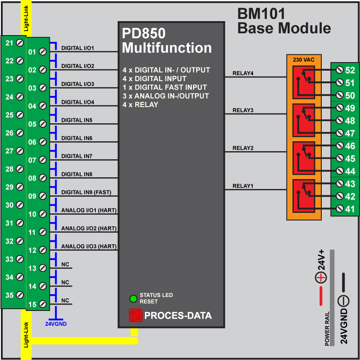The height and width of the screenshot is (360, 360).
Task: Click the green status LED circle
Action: coord(133,298)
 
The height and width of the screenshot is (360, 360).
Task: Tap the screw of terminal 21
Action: coord(20,43)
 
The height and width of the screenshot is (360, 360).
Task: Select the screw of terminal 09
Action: coord(43,196)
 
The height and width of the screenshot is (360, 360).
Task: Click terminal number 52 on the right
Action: coord(350,70)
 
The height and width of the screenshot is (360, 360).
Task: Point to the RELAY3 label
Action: coord(243,110)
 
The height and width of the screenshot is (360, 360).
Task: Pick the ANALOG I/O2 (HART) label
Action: coord(89,229)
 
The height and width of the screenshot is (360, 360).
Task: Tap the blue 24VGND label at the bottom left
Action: coord(56,323)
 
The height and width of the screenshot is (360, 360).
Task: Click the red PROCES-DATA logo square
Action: coord(135,315)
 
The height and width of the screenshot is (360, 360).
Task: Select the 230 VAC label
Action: coord(304,59)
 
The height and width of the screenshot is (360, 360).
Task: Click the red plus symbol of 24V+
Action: coord(320,278)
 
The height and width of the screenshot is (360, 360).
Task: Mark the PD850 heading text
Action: coord(144,34)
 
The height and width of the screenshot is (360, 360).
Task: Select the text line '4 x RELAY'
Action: coord(140,105)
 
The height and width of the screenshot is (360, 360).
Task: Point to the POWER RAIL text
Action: coord(327,328)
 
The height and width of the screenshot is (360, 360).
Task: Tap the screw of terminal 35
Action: coord(20,295)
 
